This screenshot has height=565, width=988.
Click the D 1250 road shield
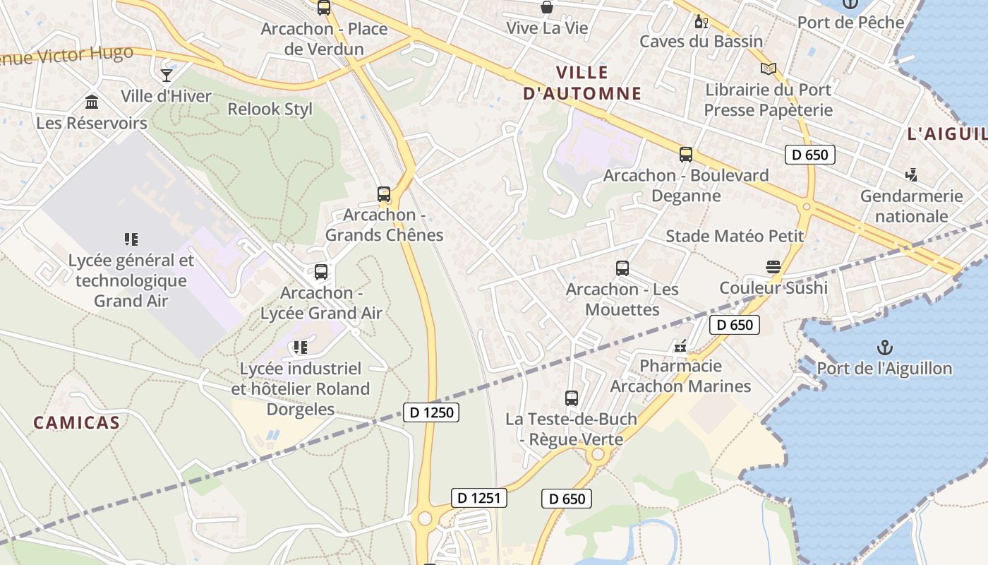point(431,412)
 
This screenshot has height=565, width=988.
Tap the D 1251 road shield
point(479,498)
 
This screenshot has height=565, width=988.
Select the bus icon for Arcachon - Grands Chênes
point(384,194)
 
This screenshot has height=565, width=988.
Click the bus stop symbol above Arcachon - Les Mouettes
point(622,268)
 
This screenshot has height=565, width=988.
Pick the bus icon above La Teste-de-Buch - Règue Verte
point(572,398)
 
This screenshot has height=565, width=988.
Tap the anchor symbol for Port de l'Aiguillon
point(884,347)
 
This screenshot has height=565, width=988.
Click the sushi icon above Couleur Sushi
point(773,267)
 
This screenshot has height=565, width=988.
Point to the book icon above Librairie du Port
point(769,69)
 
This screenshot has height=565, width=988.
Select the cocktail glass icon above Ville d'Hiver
point(167,75)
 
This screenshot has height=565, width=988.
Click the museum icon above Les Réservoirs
point(92,102)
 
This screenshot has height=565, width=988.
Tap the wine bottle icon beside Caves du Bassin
point(701,21)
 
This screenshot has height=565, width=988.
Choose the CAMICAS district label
point(76,423)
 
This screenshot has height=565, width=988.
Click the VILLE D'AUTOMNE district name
point(582,83)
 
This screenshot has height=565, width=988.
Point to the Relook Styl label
point(270,109)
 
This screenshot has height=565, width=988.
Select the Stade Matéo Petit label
point(735,236)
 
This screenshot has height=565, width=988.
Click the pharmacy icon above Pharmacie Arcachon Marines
point(680,346)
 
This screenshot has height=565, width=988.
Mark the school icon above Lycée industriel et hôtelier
point(301,347)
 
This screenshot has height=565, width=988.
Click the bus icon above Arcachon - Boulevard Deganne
point(685,155)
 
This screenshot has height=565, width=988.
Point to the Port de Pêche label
point(850,22)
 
